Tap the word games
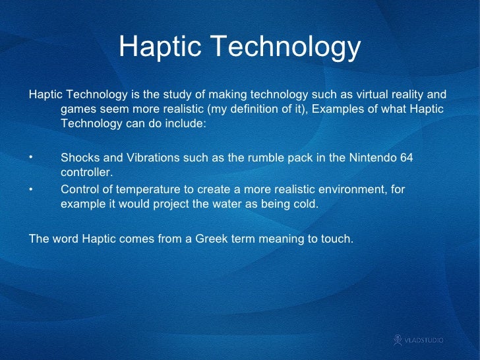coord(78,109)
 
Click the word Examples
coord(336,109)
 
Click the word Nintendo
coord(376,158)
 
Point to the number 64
coord(415,158)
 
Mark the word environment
coord(350,190)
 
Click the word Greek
coord(210,239)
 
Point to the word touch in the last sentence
coord(336,239)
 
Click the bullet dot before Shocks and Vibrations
coord(30,157)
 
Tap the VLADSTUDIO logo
coord(419,340)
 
